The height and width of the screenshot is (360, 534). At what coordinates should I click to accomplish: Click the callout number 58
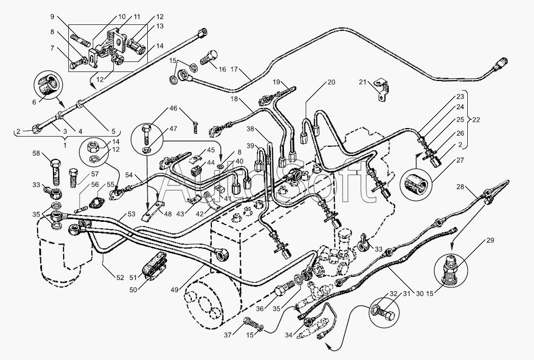tap(36, 154)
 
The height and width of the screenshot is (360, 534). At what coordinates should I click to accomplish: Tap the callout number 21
tap(363, 82)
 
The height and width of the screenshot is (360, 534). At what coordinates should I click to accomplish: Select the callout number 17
tap(235, 69)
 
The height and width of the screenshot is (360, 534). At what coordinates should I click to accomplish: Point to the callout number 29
tap(489, 240)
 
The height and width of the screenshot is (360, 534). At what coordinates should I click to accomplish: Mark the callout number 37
tap(227, 335)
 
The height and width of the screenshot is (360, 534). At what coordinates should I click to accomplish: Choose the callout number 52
tap(120, 277)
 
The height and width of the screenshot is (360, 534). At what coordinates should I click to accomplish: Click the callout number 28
tap(460, 187)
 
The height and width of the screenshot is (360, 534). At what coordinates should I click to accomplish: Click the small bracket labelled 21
tap(381, 88)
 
